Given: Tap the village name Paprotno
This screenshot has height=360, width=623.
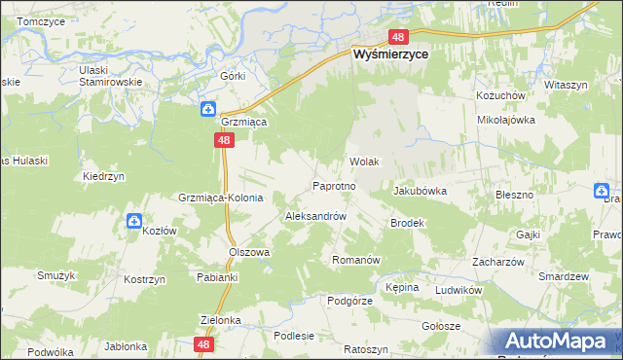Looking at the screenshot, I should (340, 184).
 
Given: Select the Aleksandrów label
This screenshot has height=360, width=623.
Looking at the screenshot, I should (315, 215).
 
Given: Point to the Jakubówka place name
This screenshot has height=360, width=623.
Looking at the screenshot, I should (420, 191).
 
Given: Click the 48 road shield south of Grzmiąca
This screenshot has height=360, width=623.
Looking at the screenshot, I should (225, 141).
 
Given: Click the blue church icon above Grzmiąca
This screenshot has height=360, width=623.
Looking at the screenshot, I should (207, 108).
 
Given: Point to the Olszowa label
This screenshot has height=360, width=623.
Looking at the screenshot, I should (248, 251).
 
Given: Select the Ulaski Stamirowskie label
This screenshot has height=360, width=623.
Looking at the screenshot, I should (111, 77).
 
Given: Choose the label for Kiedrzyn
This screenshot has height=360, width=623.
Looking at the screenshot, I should (101, 177).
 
